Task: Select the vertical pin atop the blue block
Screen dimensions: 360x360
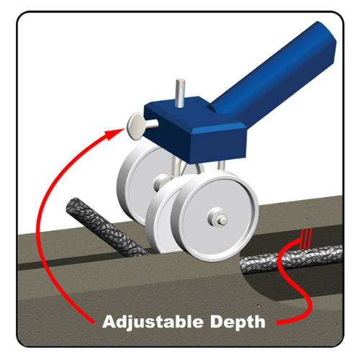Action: click(x=179, y=92)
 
